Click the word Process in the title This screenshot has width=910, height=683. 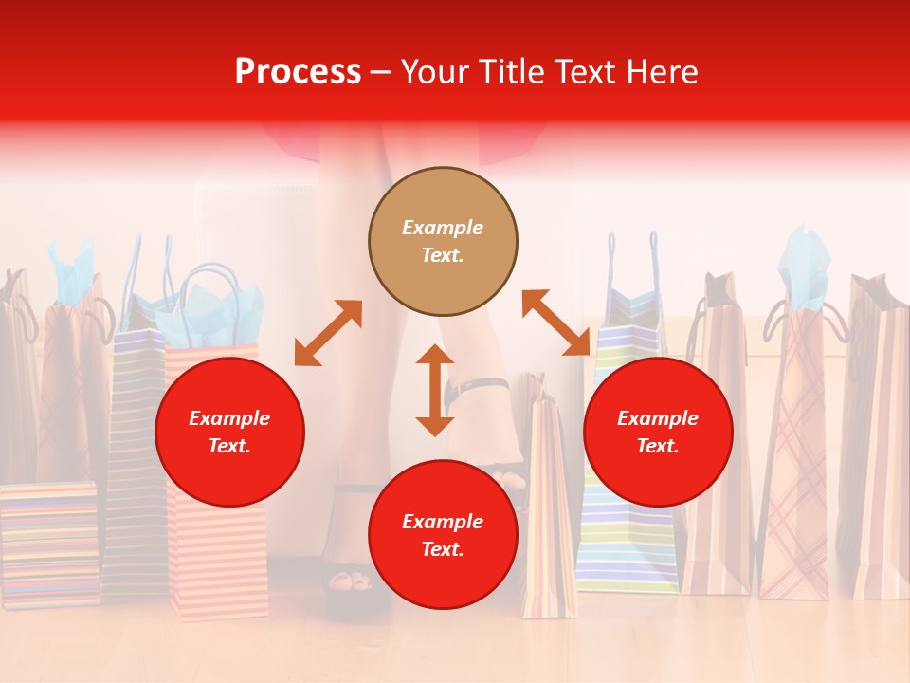point(298,71)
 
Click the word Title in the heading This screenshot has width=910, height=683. point(511,71)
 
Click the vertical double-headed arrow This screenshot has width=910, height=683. point(435,390)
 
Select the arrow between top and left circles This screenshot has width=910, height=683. point(328,333)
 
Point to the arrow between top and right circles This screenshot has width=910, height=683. point(555,323)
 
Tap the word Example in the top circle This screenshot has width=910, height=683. point(443,228)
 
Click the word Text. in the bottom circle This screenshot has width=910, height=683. point(443,549)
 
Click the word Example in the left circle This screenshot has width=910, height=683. point(229,418)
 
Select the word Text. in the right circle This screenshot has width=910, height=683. point(658,446)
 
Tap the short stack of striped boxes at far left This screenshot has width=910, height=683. point(47,545)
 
